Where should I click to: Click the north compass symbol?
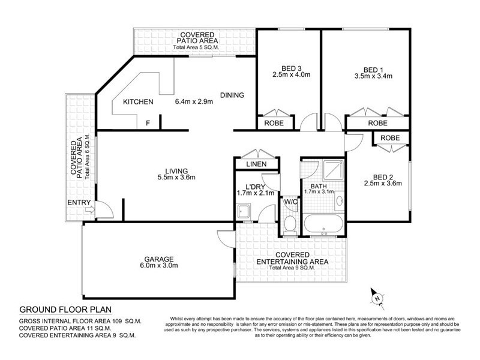pyautogui.click(x=376, y=296)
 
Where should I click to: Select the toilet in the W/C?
pyautogui.click(x=290, y=226)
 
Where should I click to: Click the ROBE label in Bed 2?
pyautogui.click(x=390, y=138)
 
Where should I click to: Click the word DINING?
pyautogui.click(x=232, y=95)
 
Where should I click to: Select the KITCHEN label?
pyautogui.click(x=138, y=102)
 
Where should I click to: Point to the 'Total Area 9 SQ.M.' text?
pyautogui.click(x=290, y=268)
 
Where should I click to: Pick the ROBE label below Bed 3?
pyautogui.click(x=274, y=122)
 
